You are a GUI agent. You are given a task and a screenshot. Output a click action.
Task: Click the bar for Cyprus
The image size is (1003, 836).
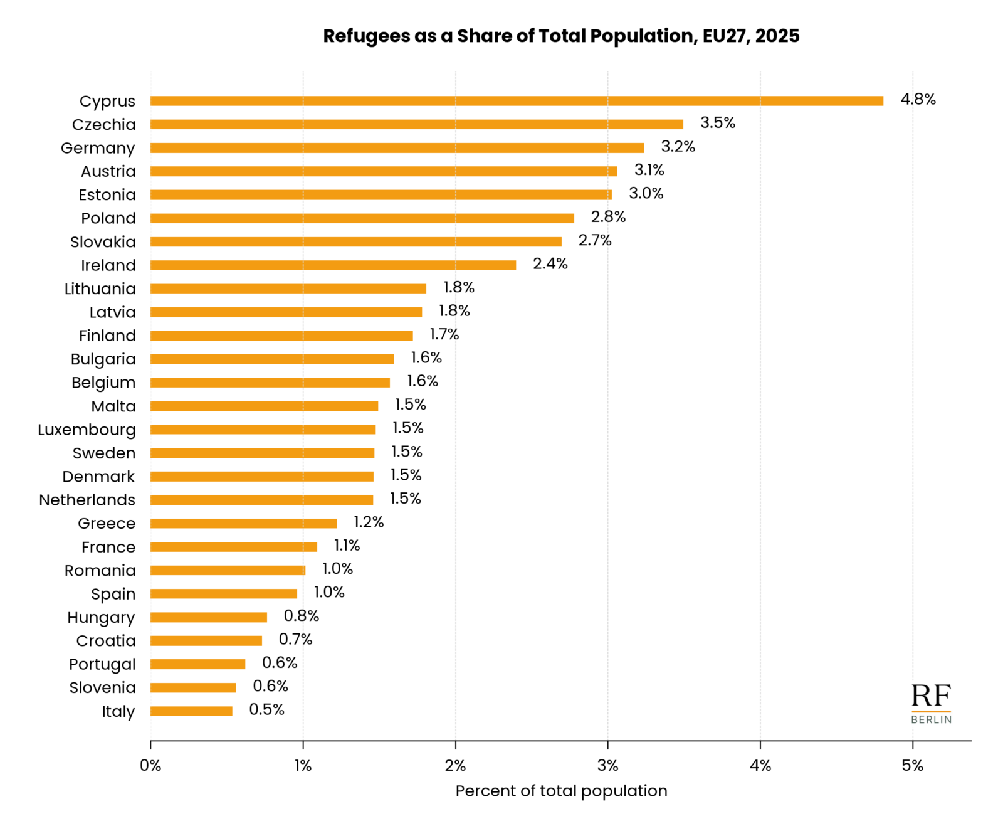click(517, 101)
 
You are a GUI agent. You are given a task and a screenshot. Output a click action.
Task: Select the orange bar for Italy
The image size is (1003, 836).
click(191, 711)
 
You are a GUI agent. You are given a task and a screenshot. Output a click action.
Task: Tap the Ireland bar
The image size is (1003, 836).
click(333, 265)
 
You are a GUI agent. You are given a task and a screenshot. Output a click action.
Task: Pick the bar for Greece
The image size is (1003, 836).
click(243, 523)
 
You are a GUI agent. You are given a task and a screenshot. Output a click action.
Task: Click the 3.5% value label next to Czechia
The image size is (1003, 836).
click(717, 123)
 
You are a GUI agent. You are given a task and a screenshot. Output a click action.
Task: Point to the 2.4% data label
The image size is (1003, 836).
click(550, 264)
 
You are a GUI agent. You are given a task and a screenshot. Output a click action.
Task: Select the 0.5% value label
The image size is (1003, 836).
click(266, 709)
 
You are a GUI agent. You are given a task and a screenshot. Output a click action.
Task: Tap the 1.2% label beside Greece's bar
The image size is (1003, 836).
click(368, 522)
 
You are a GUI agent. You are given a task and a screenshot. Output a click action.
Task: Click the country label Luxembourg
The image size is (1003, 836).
click(87, 430)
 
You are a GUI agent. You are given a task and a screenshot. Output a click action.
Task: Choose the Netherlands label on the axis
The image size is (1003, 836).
click(87, 500)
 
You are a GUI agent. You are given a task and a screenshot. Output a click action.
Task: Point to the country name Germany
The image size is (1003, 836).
click(98, 148)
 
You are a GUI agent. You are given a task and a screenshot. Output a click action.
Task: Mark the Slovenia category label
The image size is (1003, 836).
click(102, 687)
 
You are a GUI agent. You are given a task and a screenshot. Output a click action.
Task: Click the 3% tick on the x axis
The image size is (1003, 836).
click(607, 766)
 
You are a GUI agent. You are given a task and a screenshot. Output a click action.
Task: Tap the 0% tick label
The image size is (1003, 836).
click(150, 766)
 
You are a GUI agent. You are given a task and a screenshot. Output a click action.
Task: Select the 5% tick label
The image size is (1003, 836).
click(913, 766)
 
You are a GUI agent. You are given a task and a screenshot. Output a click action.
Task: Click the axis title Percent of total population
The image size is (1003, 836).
click(561, 791)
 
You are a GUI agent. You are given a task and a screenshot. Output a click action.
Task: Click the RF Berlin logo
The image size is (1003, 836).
click(931, 704)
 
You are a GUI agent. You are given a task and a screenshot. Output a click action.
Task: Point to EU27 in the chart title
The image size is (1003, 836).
click(724, 36)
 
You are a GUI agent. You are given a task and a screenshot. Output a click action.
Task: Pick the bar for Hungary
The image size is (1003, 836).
click(209, 617)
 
